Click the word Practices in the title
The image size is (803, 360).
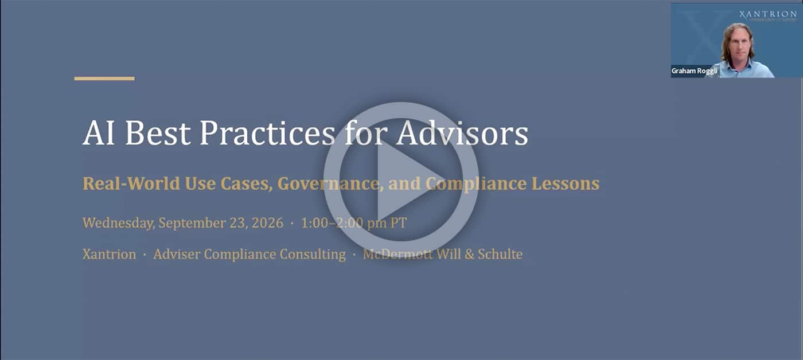267,133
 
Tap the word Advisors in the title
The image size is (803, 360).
462,133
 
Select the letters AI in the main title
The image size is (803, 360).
99,133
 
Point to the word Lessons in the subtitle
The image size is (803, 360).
566,183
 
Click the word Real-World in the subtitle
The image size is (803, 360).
131,183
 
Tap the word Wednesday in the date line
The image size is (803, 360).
119,223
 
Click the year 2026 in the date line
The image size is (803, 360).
267,223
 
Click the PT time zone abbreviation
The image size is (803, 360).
399,223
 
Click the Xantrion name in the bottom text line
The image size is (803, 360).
110,254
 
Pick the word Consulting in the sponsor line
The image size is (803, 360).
313,255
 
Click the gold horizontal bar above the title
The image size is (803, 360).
104,79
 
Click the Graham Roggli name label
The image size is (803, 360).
694,71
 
